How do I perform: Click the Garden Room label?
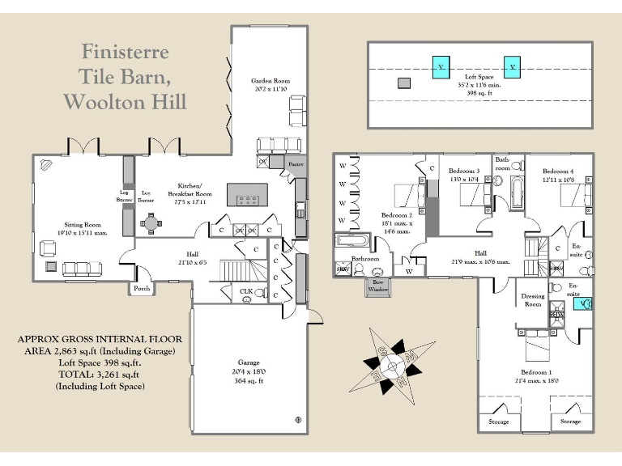tap(271, 81)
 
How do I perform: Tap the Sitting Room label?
tap(83, 225)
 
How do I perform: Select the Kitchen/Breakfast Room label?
tap(190, 189)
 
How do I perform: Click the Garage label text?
tap(248, 363)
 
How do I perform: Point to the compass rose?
tap(394, 364)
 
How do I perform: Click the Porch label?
tap(141, 289)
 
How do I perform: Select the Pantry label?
tap(295, 164)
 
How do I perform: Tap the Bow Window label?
tap(377, 286)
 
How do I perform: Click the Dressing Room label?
tap(532, 300)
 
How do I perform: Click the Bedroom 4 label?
tap(558, 172)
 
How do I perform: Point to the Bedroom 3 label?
tap(465, 171)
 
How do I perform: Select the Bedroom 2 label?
tap(398, 216)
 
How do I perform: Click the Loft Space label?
tap(479, 77)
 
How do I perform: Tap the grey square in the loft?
tap(404, 83)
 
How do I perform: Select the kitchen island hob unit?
tap(248, 197)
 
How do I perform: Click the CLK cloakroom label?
tap(246, 290)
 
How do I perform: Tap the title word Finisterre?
tap(125, 52)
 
